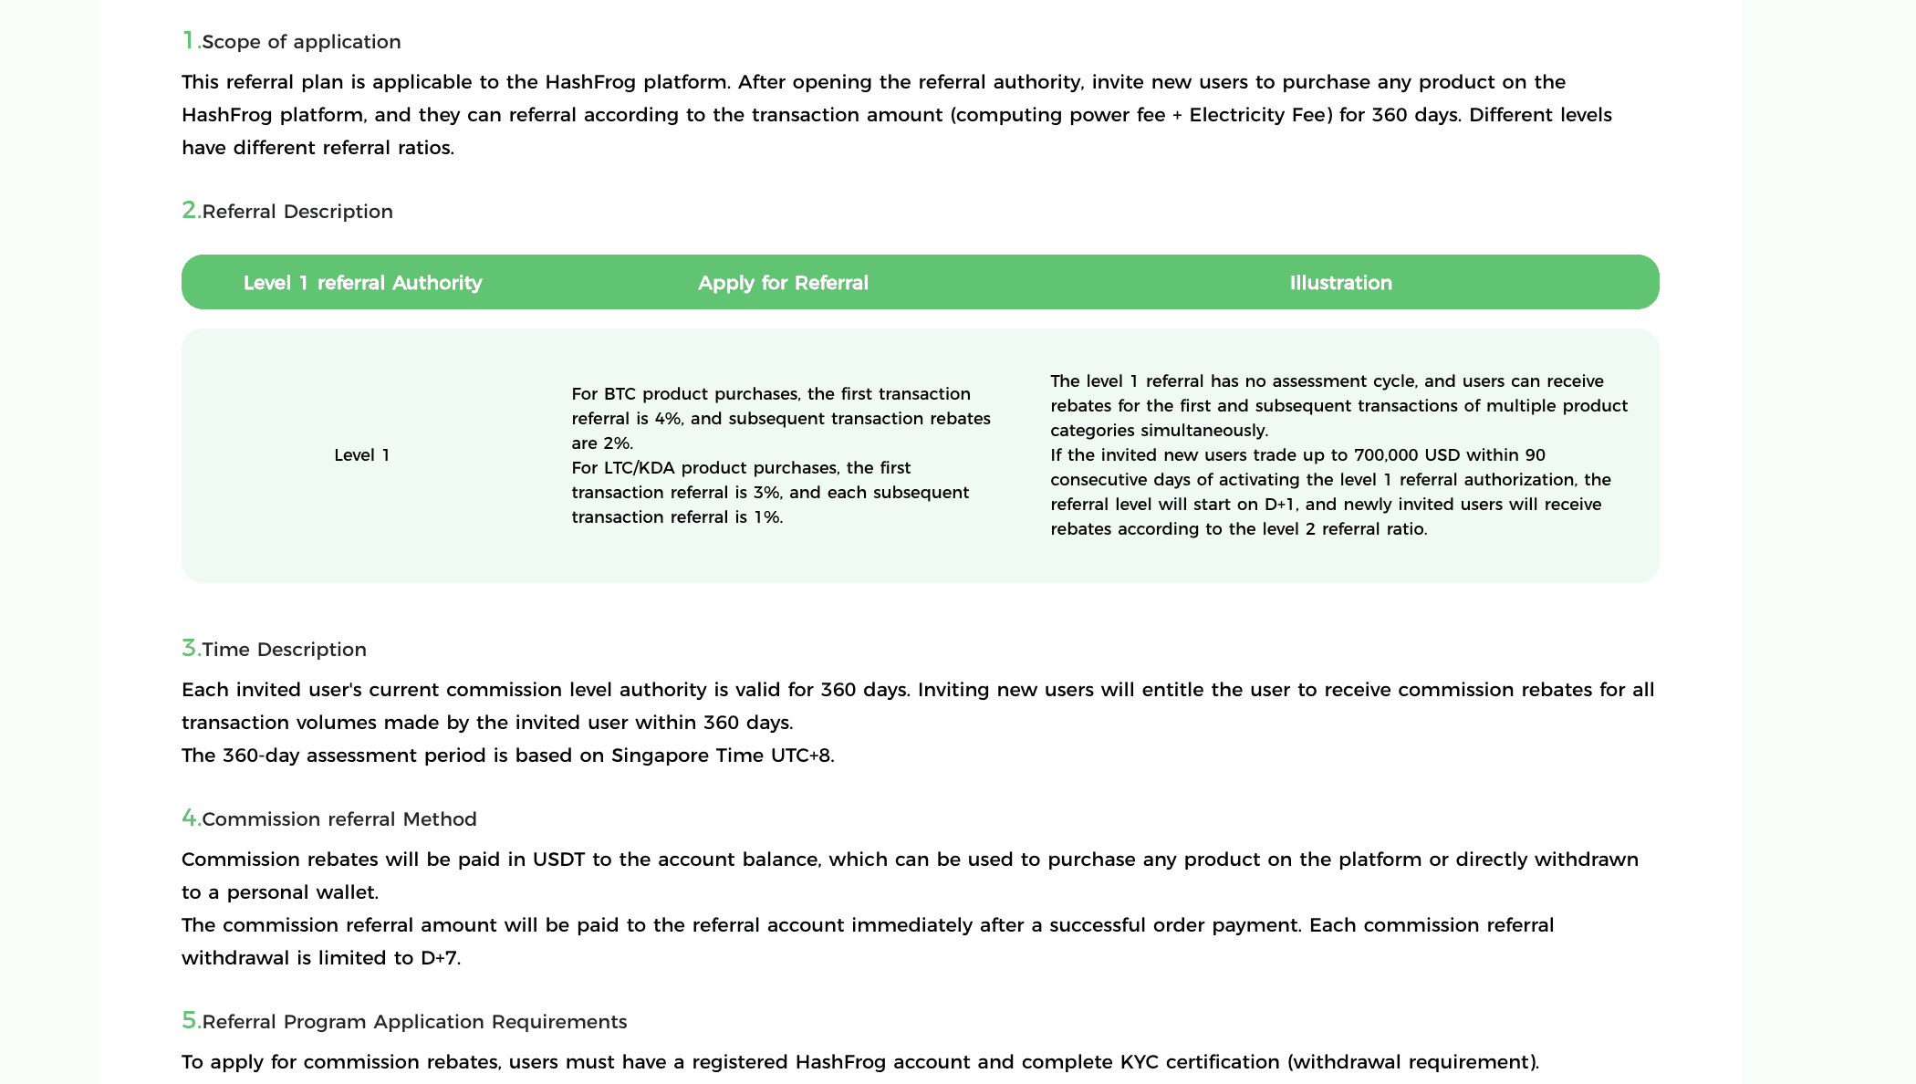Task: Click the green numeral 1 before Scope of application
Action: point(189,40)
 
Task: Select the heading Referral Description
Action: point(297,212)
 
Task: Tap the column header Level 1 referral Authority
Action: point(362,283)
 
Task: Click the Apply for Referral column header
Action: point(783,283)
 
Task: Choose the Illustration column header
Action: point(1340,283)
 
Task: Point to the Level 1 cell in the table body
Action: point(362,455)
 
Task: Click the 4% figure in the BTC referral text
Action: point(668,419)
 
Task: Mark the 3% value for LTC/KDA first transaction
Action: point(766,493)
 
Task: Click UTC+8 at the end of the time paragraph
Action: point(800,756)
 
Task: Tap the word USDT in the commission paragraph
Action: point(558,860)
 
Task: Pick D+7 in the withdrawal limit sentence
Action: point(439,958)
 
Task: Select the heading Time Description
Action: point(284,650)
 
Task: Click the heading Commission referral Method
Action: point(338,819)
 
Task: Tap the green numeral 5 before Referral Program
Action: point(190,1020)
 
